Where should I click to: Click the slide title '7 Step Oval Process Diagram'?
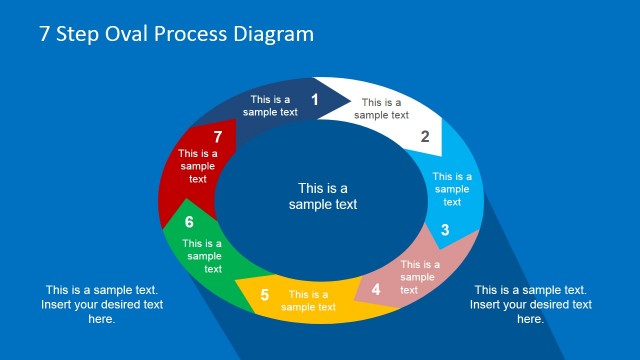click(x=176, y=34)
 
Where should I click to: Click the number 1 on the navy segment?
click(x=315, y=99)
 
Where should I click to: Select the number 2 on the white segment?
click(x=425, y=137)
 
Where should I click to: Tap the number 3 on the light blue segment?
click(x=445, y=230)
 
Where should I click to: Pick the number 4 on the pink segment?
click(x=376, y=290)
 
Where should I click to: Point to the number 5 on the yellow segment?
click(x=265, y=295)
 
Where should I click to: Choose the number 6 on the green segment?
click(x=189, y=222)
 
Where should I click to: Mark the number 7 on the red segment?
click(x=217, y=136)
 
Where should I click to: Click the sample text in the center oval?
click(x=323, y=196)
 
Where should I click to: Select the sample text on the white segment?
click(x=382, y=108)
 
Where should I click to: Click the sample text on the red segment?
click(x=198, y=166)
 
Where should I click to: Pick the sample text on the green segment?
click(x=202, y=256)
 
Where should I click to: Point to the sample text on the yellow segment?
click(x=308, y=300)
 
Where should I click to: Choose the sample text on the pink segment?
click(x=420, y=277)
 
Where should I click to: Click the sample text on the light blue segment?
click(x=452, y=189)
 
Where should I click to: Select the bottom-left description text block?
click(x=102, y=304)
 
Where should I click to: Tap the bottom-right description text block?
click(x=530, y=304)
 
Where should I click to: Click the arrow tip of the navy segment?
click(x=349, y=98)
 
